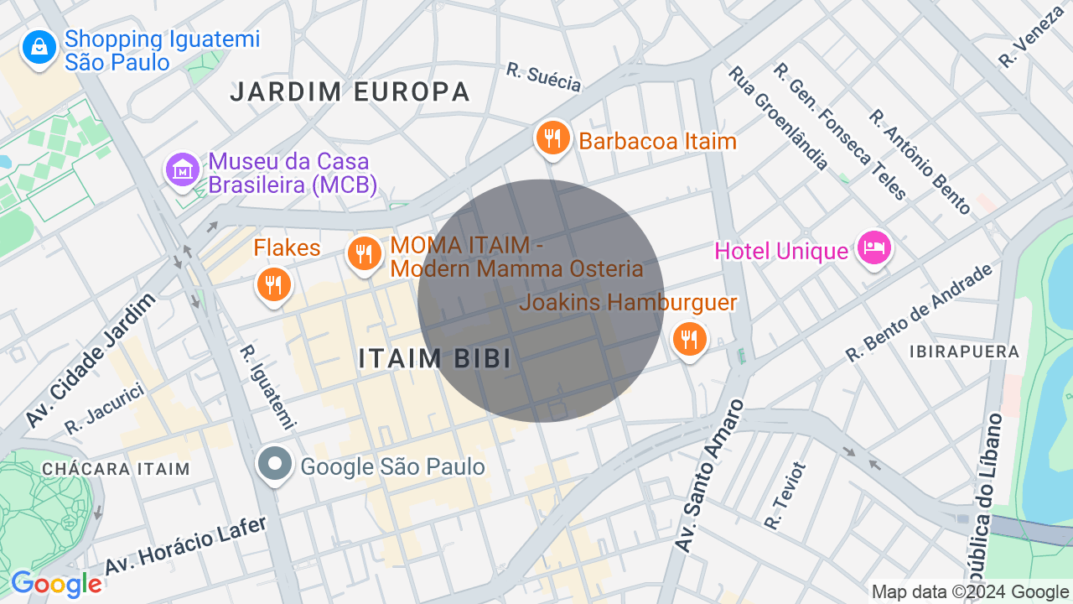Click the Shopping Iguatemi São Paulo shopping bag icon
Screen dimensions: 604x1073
click(x=39, y=48)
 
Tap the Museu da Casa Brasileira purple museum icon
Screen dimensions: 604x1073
click(x=183, y=170)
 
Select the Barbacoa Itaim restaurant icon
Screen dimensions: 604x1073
click(x=552, y=138)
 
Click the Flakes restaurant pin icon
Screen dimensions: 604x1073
click(x=273, y=285)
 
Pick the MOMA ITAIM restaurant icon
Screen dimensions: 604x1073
click(x=364, y=253)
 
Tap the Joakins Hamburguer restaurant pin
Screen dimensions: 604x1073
click(x=690, y=339)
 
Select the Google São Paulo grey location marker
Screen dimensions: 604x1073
click(x=274, y=465)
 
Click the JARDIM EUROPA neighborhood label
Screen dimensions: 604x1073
click(x=350, y=92)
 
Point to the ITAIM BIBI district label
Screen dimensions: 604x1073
click(x=434, y=358)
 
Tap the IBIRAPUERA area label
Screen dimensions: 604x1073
click(x=964, y=351)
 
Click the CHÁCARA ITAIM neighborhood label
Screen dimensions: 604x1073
click(x=116, y=469)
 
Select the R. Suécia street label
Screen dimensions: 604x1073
click(x=544, y=76)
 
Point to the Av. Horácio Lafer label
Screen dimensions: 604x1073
click(x=185, y=545)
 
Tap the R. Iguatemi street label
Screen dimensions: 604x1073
click(x=267, y=387)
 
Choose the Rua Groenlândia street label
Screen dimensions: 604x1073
click(x=779, y=117)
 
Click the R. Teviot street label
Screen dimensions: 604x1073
click(x=785, y=496)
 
